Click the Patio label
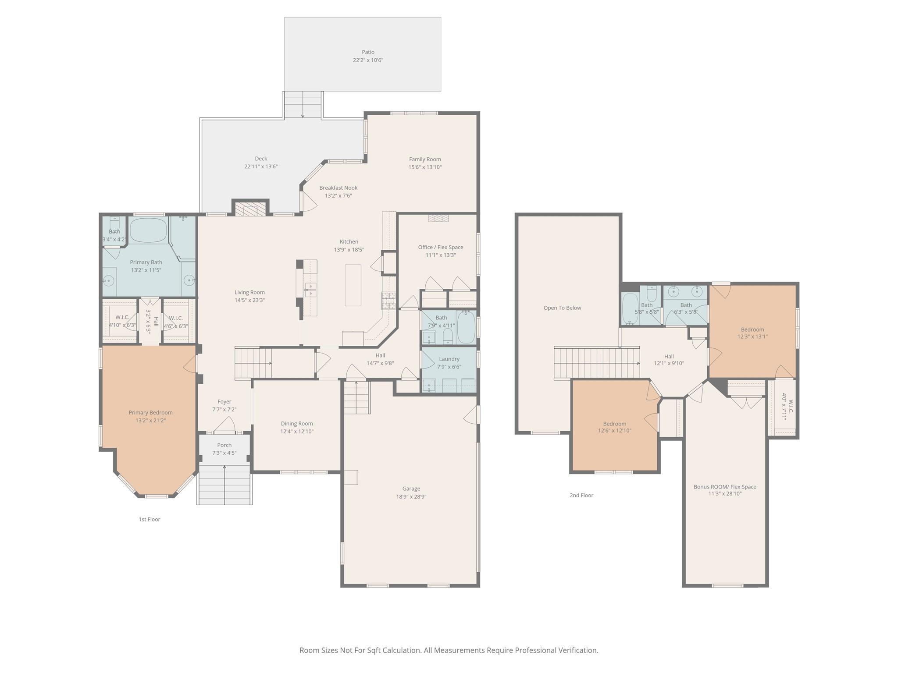(368, 52)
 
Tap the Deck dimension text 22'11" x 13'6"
(261, 166)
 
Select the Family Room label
(425, 159)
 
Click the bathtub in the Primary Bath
(148, 230)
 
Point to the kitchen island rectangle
(353, 285)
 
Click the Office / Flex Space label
(441, 247)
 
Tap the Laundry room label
(449, 359)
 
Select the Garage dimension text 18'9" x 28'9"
(411, 496)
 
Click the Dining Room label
(297, 424)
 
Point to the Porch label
(224, 445)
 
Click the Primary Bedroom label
(150, 413)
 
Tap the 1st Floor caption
(150, 519)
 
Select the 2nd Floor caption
(581, 495)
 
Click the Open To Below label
(562, 308)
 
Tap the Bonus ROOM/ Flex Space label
(725, 487)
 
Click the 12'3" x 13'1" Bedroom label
(752, 329)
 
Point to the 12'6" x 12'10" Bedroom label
(614, 424)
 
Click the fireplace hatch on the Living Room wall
(250, 209)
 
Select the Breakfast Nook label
(338, 188)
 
